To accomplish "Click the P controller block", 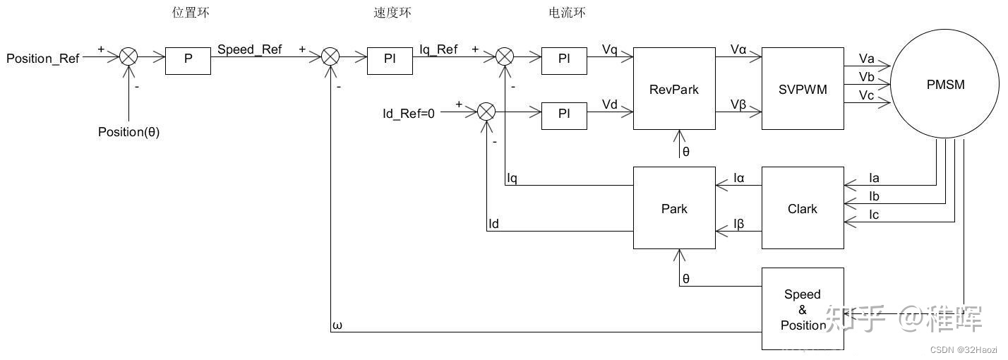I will pyautogui.click(x=188, y=59).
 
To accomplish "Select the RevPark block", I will pyautogui.click(x=674, y=89).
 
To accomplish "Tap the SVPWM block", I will pyautogui.click(x=803, y=89).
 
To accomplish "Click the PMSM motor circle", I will pyautogui.click(x=945, y=85).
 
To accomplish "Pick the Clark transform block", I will pyautogui.click(x=803, y=208).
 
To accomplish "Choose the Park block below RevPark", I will pyautogui.click(x=674, y=208).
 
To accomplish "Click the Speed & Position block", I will pyautogui.click(x=803, y=309).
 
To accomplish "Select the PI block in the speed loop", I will pyautogui.click(x=390, y=59).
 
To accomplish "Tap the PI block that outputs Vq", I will pyautogui.click(x=564, y=59).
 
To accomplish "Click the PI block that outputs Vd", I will pyautogui.click(x=564, y=114).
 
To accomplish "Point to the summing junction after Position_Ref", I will pyautogui.click(x=128, y=58).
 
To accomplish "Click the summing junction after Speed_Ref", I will pyautogui.click(x=331, y=58).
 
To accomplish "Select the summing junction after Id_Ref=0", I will pyautogui.click(x=486, y=112).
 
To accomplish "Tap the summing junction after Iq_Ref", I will pyautogui.click(x=505, y=58).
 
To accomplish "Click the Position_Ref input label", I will pyautogui.click(x=43, y=59).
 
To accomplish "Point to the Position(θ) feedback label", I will pyautogui.click(x=128, y=132).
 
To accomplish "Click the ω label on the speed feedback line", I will pyautogui.click(x=337, y=325).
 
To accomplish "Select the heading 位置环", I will pyautogui.click(x=191, y=12).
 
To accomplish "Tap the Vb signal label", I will pyautogui.click(x=867, y=76).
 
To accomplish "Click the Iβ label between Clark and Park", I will pyautogui.click(x=738, y=224).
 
